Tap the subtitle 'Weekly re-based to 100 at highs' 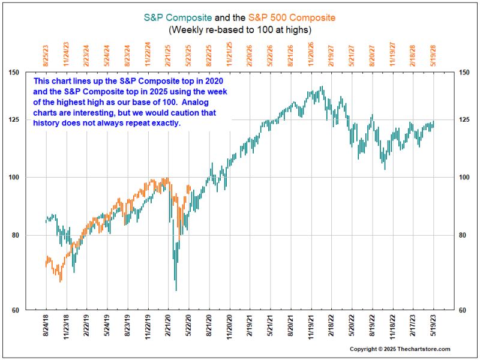click(x=240, y=29)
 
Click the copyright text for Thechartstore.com click(x=400, y=349)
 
